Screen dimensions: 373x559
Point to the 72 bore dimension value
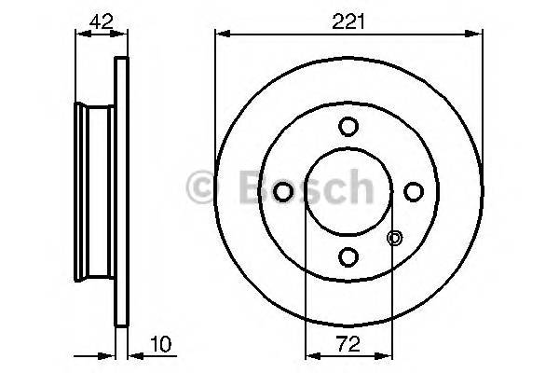[348, 345]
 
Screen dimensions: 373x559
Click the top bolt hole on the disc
[348, 126]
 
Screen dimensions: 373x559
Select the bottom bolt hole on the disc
[348, 256]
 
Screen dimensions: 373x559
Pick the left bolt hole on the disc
[283, 191]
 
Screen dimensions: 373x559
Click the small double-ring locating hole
[394, 238]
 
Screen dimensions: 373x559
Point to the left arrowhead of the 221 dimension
[221, 34]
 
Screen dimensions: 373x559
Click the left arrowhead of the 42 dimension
[78, 34]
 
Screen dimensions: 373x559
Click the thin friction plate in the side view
[119, 191]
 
